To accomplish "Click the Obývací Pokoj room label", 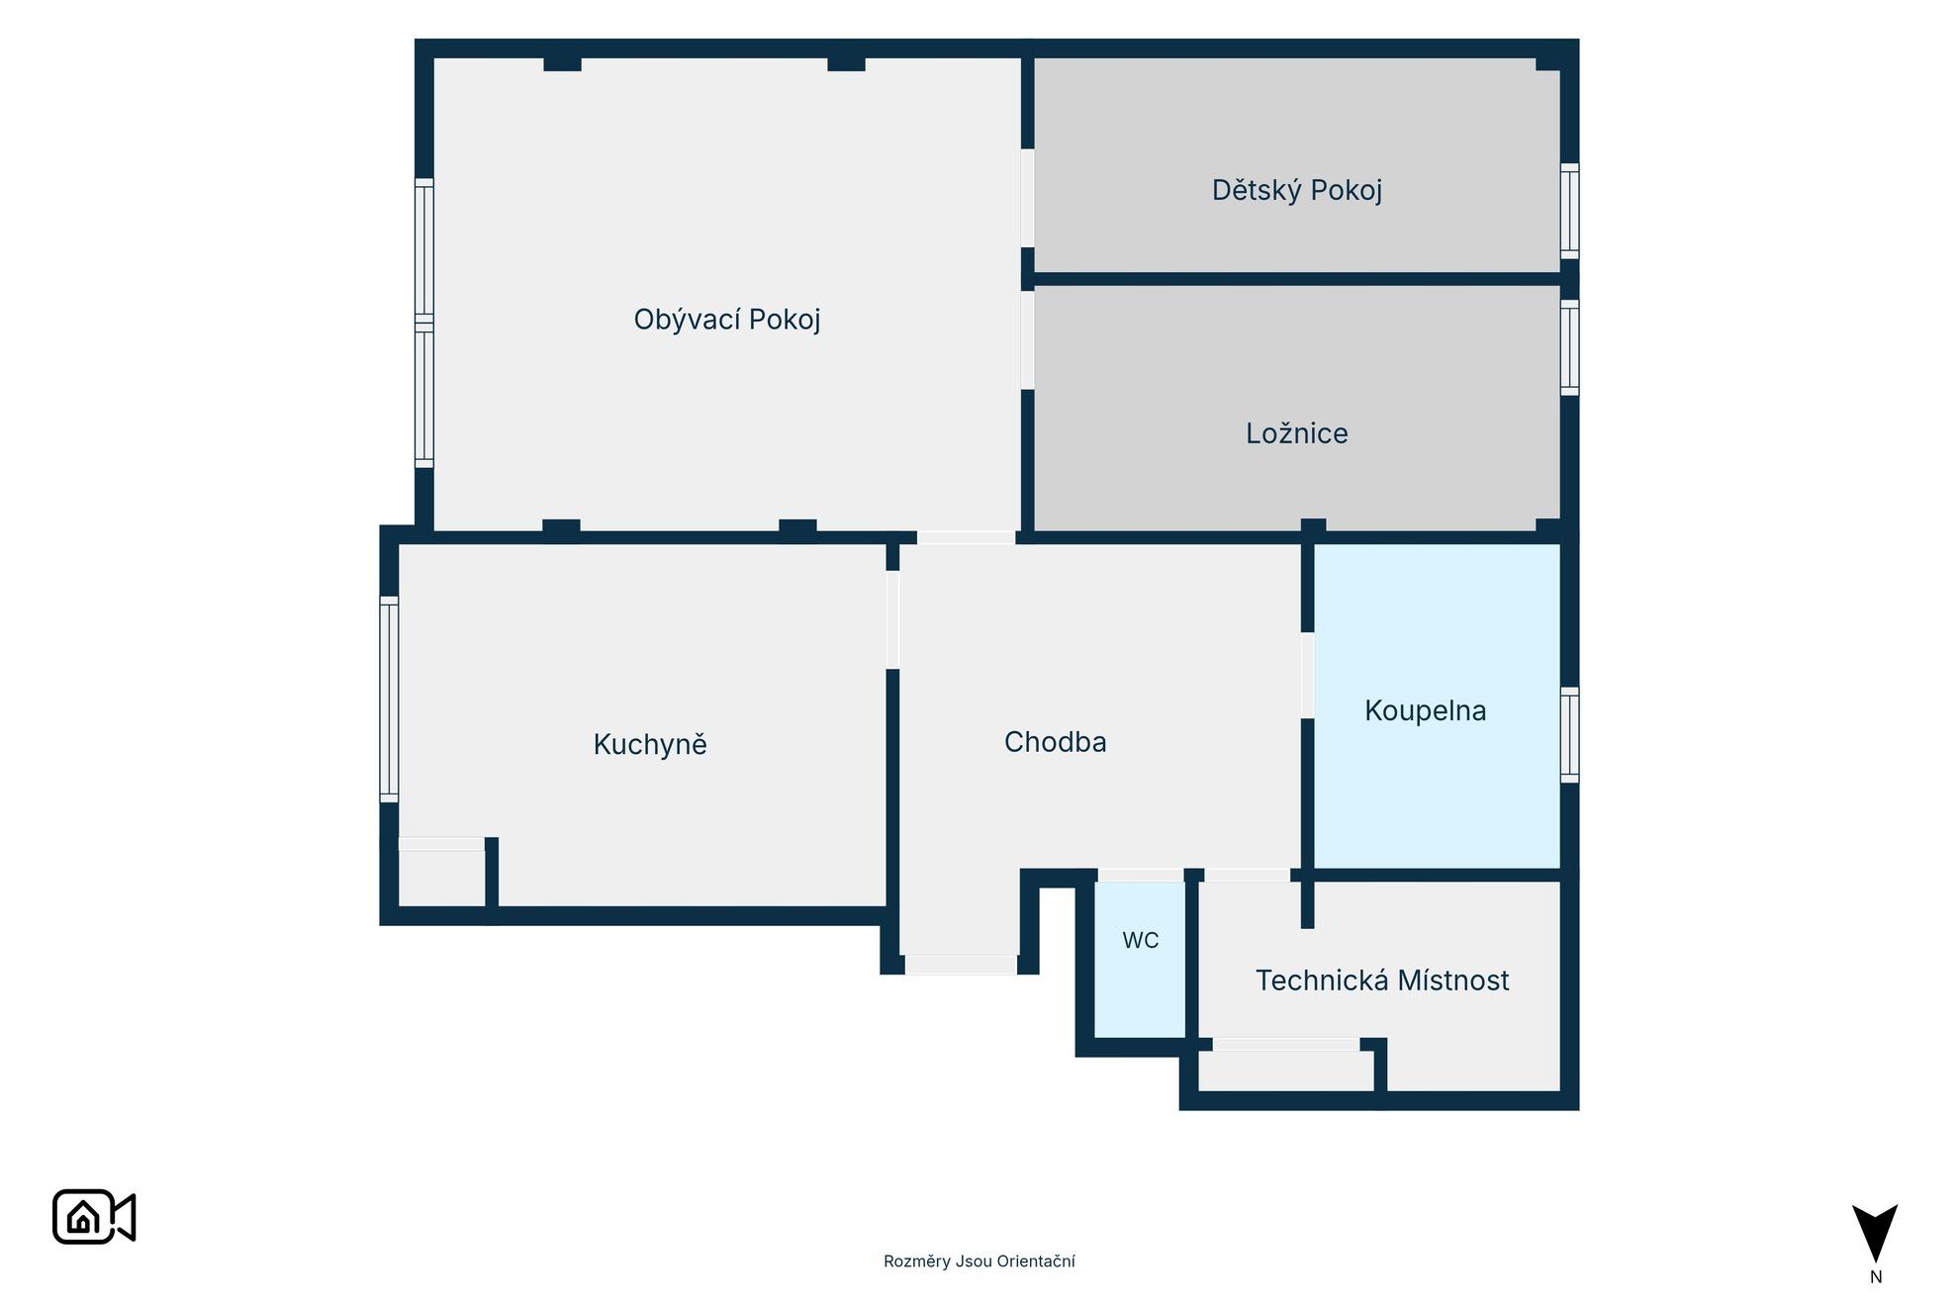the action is click(x=727, y=320).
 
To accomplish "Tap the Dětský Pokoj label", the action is click(x=1297, y=190).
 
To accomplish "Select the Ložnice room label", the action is click(x=1297, y=433).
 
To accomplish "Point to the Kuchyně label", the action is click(x=650, y=744).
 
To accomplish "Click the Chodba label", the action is click(x=1055, y=742).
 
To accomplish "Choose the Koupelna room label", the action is click(x=1425, y=710).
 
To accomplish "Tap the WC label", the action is click(x=1140, y=941).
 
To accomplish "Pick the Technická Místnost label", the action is click(x=1382, y=980).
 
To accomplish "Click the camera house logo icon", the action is click(x=94, y=1217).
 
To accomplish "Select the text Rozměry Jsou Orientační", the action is click(x=979, y=1261).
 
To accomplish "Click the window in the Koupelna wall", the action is click(x=1569, y=735).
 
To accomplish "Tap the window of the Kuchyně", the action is click(x=389, y=699).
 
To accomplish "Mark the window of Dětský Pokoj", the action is click(x=1569, y=211).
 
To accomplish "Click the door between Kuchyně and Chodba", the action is click(x=892, y=619).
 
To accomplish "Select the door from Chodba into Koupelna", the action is click(x=1307, y=675).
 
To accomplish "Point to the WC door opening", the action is click(x=1141, y=875).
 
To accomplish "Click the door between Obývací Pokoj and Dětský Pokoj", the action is click(x=1027, y=198).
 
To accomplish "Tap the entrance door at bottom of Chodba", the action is click(x=961, y=965).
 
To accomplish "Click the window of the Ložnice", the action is click(x=1569, y=347).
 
